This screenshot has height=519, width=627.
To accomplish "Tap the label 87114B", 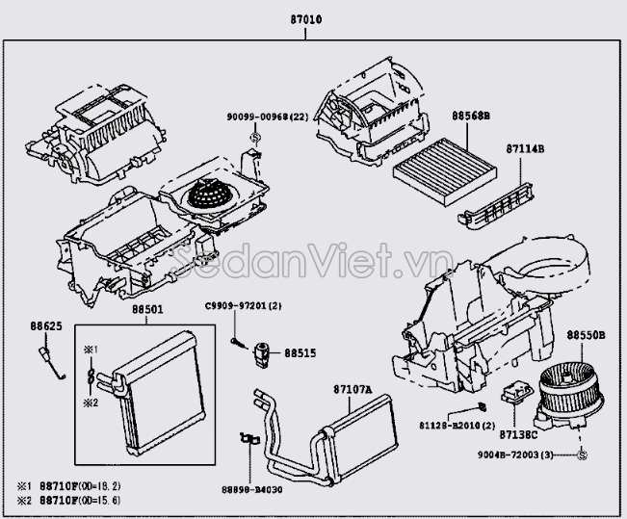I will (x=525, y=149).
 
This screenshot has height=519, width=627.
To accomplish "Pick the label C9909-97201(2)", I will (x=242, y=306).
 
